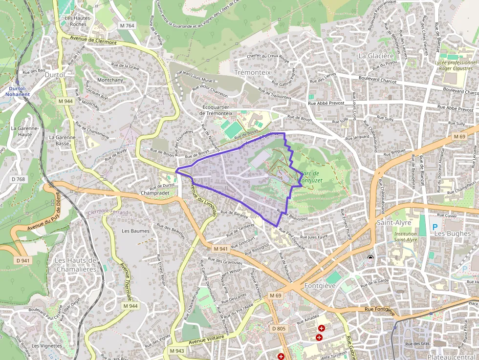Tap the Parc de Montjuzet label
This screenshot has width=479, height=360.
(311, 177)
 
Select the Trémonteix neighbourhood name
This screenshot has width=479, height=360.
(252, 72)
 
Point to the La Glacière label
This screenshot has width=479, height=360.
(376, 56)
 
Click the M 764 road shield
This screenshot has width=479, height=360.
(127, 25)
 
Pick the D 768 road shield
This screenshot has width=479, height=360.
(18, 179)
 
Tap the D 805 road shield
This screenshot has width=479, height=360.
(278, 328)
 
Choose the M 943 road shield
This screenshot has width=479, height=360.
(177, 351)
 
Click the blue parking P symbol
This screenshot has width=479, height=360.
(435, 227)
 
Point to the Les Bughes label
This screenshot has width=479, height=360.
(452, 233)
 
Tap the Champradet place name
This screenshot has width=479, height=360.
(154, 193)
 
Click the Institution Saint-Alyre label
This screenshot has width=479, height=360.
(406, 237)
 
